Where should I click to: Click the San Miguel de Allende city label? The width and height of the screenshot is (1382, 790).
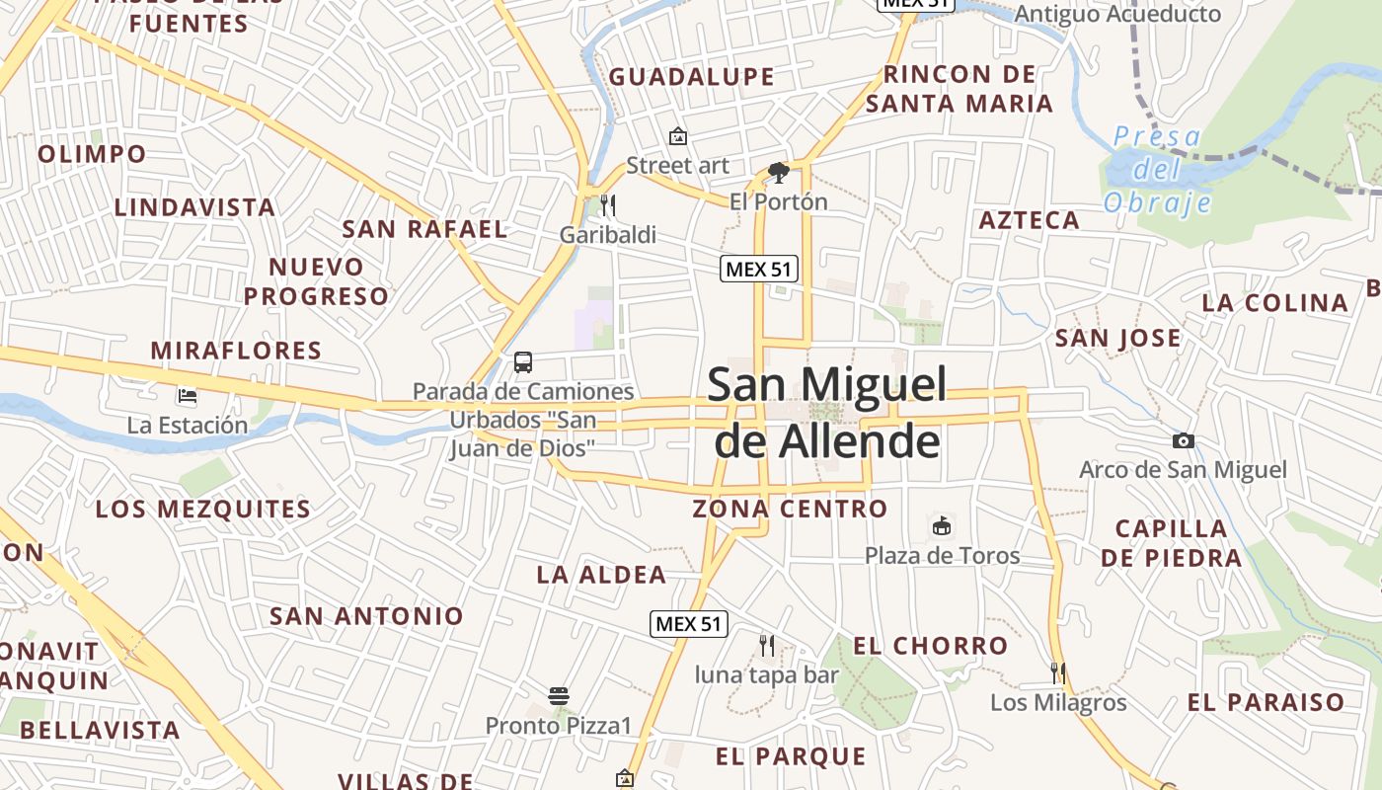point(826,413)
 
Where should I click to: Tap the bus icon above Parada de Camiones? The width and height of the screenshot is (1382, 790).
point(523,362)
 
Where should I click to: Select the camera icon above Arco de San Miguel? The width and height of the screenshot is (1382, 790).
point(1183,440)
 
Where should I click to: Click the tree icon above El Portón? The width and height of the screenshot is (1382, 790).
point(779,174)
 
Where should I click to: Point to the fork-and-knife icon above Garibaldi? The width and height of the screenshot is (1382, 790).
point(608,205)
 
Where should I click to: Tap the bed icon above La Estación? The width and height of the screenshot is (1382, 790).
point(188,397)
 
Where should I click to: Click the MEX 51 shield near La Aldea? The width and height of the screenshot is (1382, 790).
point(690,623)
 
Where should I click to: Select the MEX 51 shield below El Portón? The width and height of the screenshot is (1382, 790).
point(759,268)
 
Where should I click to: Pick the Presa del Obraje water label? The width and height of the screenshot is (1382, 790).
point(1157,170)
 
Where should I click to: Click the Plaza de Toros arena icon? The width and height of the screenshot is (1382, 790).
point(942,526)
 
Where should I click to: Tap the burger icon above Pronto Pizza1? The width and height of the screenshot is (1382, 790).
point(559,696)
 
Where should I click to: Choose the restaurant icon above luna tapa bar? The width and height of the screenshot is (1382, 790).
point(767,646)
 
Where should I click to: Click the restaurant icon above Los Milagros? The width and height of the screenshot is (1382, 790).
point(1058,673)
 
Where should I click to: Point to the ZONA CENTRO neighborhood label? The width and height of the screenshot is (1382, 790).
point(790,509)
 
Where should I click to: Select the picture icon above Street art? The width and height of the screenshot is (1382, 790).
point(677,136)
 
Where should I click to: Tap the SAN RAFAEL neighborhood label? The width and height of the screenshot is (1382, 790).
point(424,229)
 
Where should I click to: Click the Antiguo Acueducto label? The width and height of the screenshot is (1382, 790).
point(1117,14)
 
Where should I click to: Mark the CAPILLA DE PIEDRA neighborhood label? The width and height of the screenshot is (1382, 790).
point(1172,543)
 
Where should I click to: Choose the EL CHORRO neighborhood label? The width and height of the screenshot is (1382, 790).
point(931,646)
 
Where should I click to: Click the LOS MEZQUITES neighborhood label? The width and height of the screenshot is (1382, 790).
point(203,510)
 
